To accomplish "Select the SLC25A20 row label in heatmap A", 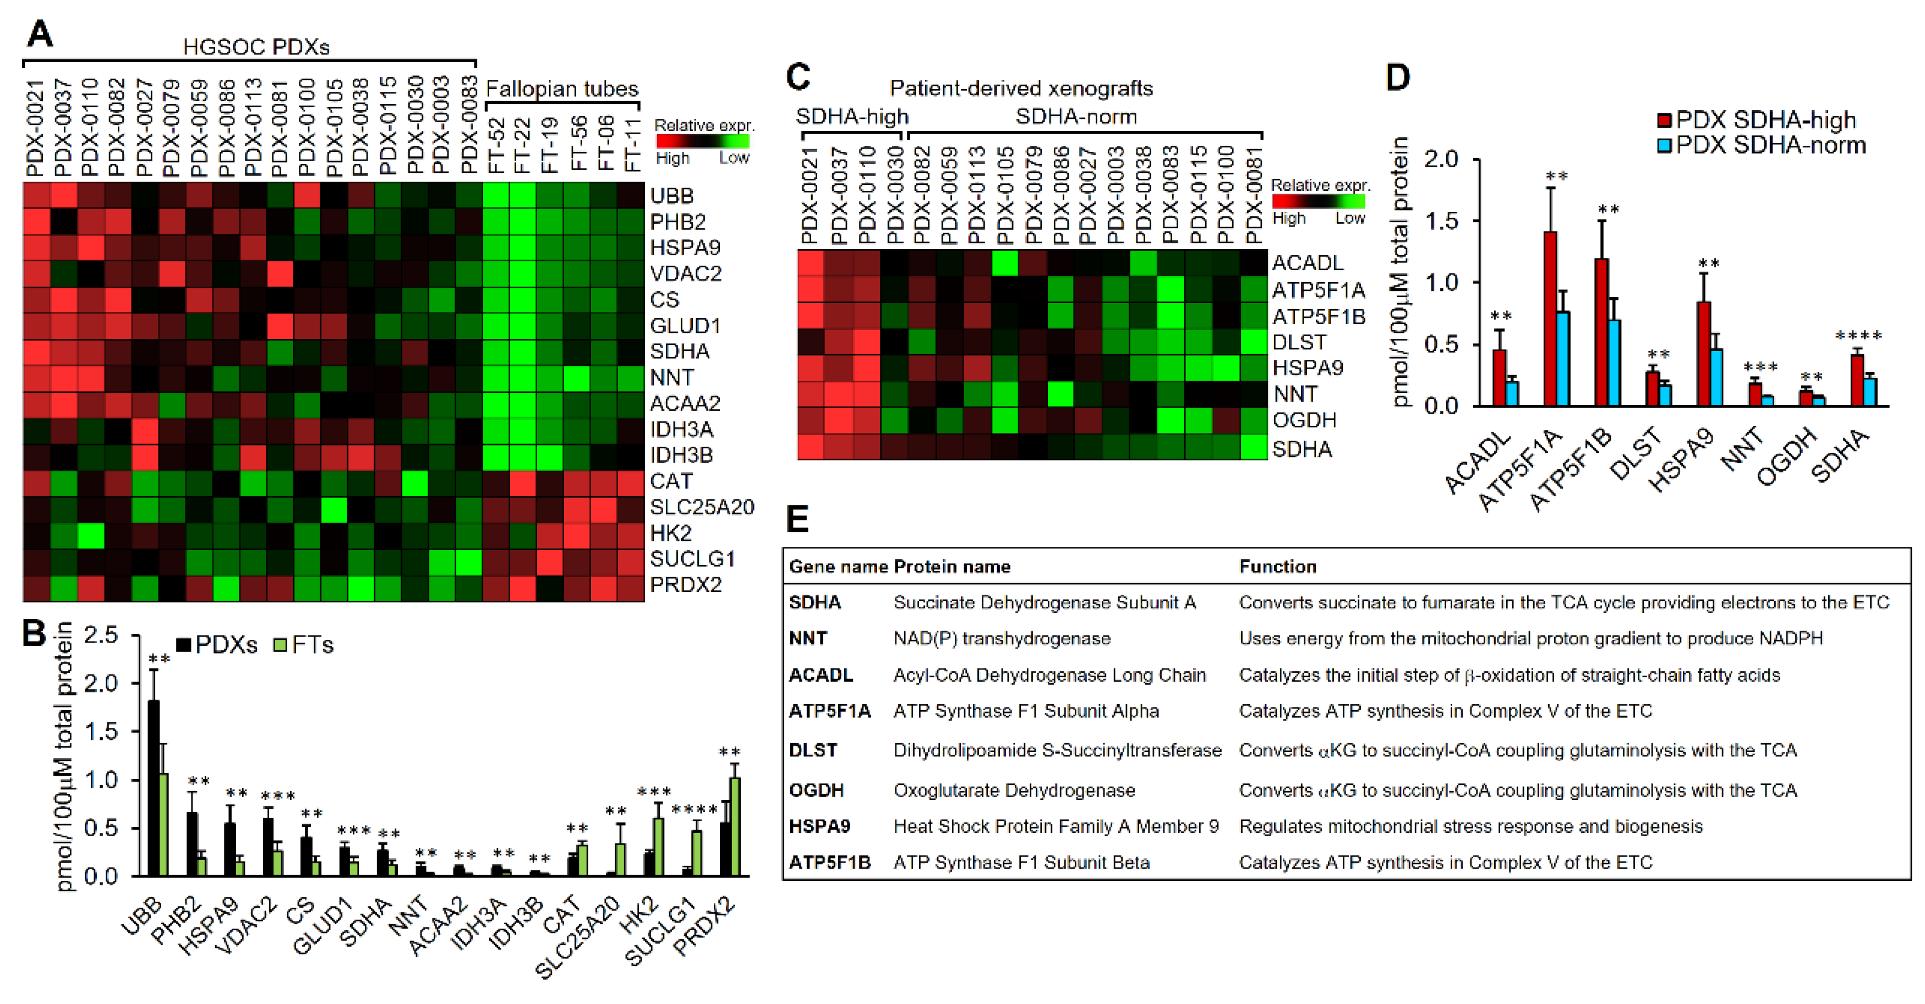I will (701, 507).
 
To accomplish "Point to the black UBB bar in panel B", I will (154, 788).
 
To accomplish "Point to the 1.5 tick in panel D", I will (1441, 221).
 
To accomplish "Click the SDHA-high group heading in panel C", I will (852, 117).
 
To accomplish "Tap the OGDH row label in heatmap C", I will (1304, 420).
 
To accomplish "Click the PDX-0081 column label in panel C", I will (1255, 194).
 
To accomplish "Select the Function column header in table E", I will (1277, 566).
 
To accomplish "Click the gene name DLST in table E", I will (812, 750).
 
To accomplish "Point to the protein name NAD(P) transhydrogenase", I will (1002, 639).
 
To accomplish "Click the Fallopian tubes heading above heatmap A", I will (562, 89).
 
